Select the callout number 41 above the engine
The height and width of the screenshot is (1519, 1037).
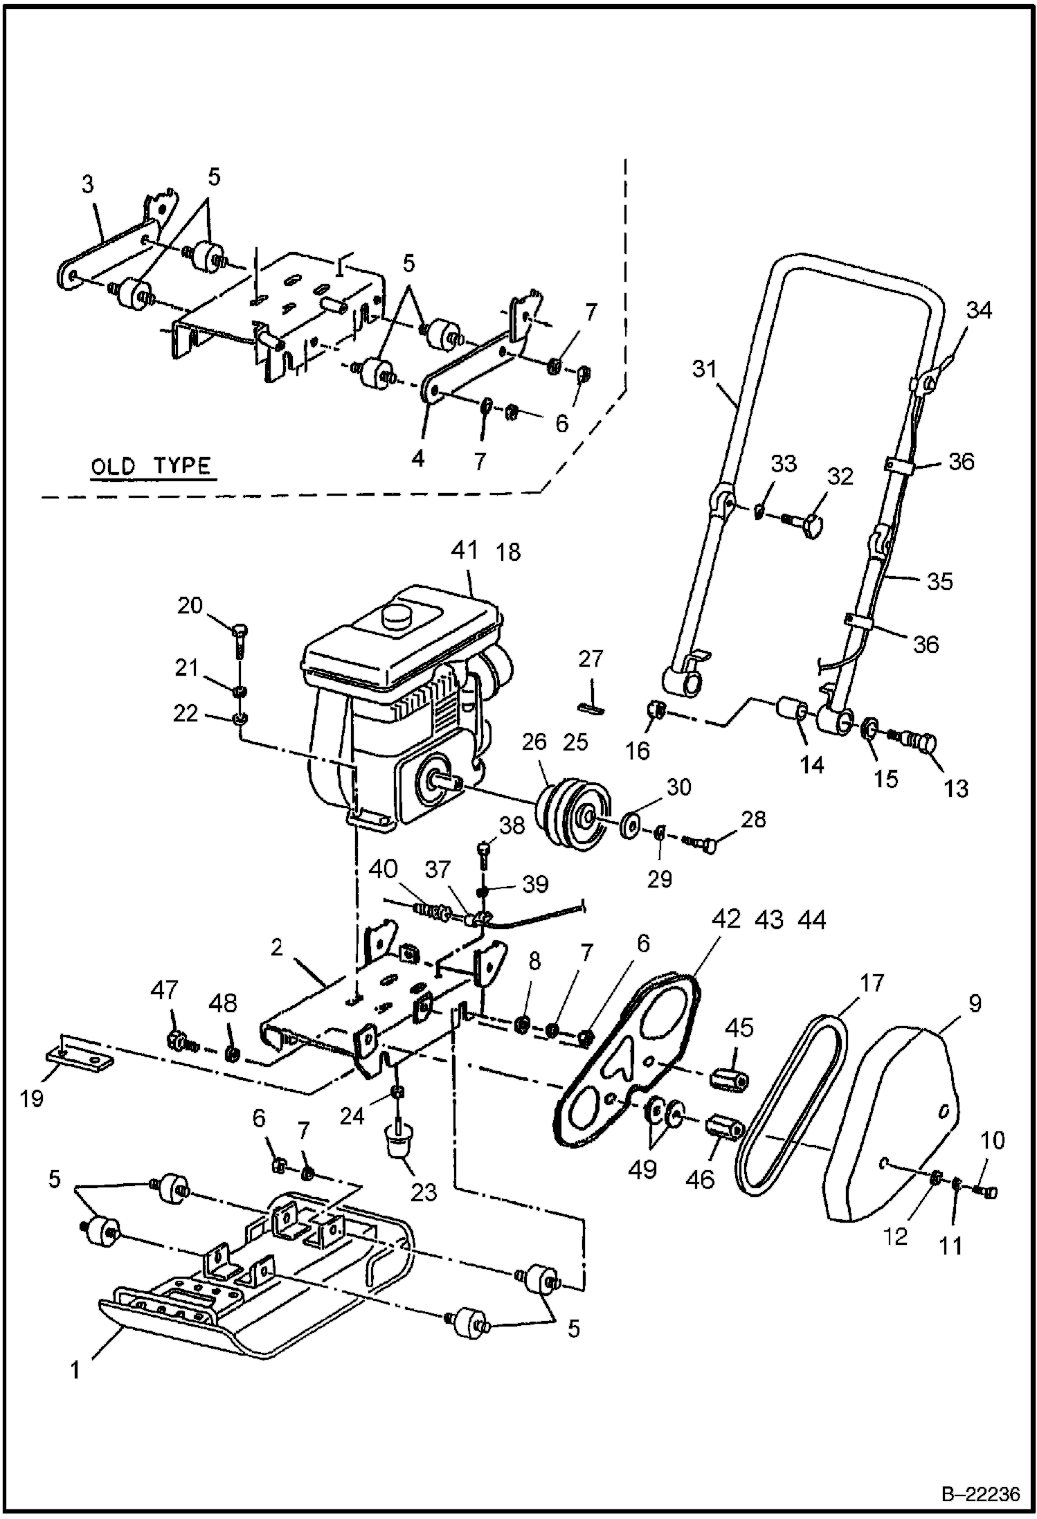point(464,550)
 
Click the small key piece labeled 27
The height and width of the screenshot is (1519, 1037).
point(591,707)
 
